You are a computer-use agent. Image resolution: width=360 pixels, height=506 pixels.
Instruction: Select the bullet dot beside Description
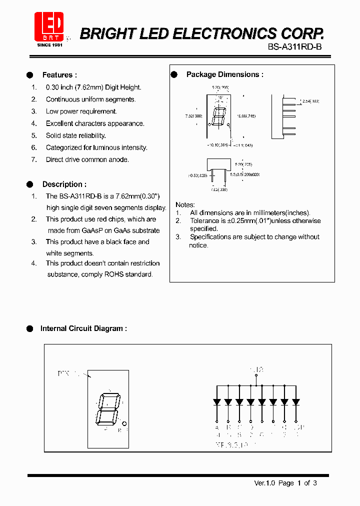tap(29, 184)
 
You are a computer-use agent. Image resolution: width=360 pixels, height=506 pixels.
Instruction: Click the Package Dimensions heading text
tap(224, 74)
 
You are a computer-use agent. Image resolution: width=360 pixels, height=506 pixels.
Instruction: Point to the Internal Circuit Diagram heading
tap(83, 328)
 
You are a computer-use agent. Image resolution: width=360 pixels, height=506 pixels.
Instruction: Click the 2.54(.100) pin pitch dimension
tap(310, 101)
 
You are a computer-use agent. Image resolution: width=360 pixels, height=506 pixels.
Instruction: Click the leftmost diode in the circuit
tap(217, 401)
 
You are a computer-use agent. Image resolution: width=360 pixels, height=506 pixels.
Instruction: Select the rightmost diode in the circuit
tap(295, 401)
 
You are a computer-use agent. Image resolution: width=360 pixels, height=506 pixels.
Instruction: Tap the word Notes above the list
tap(185, 205)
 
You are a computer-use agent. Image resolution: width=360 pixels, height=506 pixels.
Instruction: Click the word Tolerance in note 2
tap(205, 220)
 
